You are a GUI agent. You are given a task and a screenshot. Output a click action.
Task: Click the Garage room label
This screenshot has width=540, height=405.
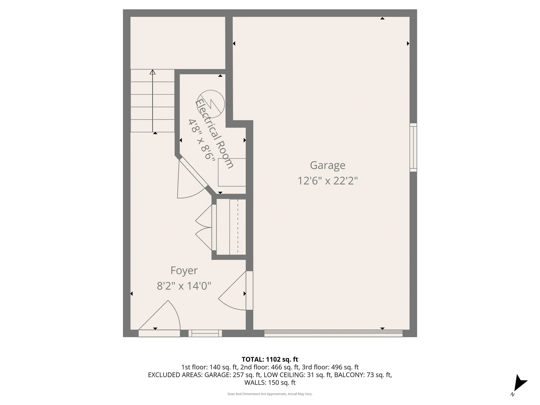pos(327,165)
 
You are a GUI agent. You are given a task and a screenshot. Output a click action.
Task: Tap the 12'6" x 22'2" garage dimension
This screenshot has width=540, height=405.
pos(327,181)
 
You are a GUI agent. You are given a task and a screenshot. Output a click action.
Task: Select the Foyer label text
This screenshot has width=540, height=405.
pos(184,271)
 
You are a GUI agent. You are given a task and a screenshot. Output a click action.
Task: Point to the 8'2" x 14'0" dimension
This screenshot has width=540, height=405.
pos(184,286)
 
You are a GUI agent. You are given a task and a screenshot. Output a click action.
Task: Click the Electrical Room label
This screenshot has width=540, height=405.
pos(214,134)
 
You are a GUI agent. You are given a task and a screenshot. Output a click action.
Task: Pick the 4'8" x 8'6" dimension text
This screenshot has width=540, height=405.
pos(201,139)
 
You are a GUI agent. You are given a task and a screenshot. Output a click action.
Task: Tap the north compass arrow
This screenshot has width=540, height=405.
pos(519,384)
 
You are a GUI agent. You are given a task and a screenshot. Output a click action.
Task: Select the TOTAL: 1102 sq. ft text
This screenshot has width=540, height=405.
pos(270,359)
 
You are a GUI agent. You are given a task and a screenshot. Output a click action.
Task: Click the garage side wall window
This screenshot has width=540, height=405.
pos(413,147)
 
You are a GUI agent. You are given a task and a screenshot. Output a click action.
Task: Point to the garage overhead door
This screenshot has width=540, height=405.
pos(333,333)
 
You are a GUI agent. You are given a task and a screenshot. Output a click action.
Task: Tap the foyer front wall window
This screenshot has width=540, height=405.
pos(205,333)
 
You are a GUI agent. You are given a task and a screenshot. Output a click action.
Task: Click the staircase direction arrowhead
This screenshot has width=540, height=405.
pos(152,72)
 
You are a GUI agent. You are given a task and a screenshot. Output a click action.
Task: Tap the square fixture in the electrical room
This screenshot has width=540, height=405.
pos(232,172)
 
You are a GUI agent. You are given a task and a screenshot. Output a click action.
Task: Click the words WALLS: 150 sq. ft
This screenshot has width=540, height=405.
pos(270,382)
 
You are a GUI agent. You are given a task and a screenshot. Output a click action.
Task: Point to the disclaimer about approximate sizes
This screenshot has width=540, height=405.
pos(270,394)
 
